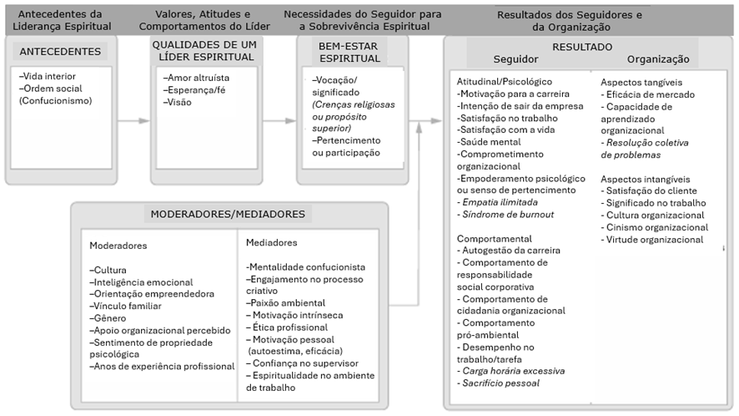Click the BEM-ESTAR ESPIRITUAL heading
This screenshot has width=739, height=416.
pos(349,52)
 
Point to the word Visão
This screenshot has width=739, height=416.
pos(179,102)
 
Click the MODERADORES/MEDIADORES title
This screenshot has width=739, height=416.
pos(228,214)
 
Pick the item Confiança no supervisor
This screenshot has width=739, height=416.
pos(302,364)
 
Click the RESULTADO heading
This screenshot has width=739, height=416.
pos(582,47)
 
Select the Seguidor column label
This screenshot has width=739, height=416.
pos(515,59)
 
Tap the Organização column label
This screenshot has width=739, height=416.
pos(658,59)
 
